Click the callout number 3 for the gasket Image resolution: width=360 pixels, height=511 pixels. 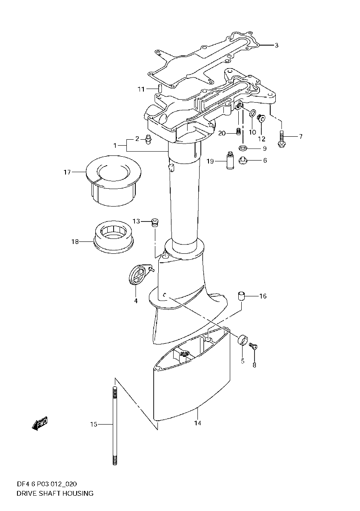coord(276,45)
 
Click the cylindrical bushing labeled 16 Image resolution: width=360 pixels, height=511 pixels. coord(241,296)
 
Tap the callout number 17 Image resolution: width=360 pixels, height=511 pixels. coord(67,172)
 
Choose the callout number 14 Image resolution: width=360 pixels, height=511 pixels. coord(197,423)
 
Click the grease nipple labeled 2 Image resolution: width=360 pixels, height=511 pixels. coord(149,139)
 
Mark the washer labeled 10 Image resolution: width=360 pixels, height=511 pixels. coord(252,114)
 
